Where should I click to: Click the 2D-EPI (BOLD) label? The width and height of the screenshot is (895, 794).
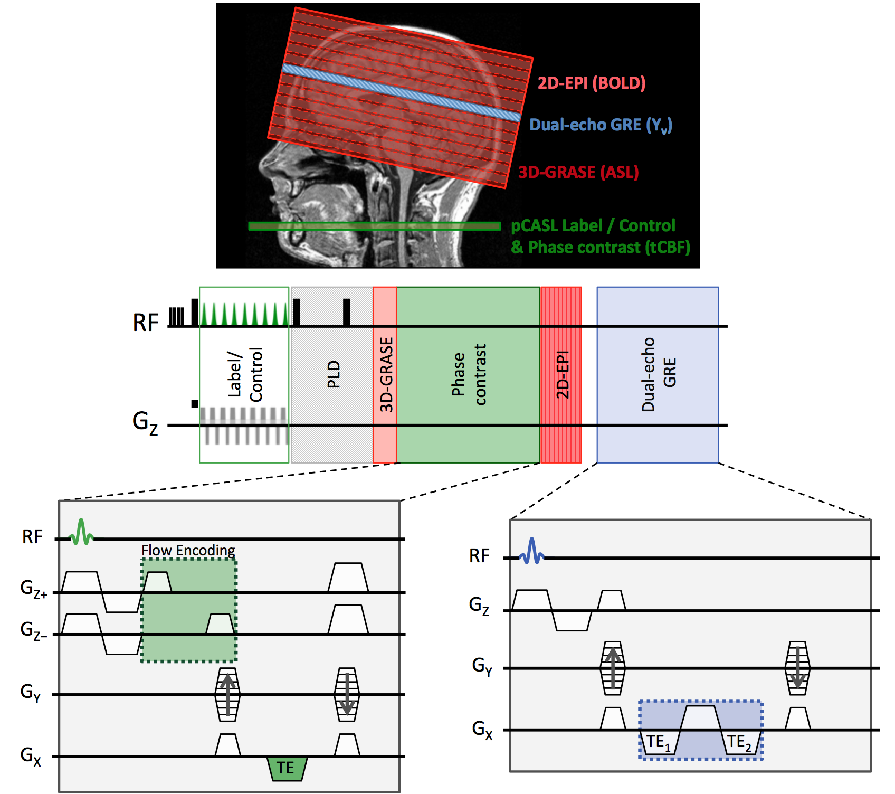click(x=592, y=83)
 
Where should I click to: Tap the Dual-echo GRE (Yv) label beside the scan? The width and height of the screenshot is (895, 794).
click(x=601, y=125)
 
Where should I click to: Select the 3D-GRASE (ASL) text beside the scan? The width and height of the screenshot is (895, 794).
click(x=578, y=172)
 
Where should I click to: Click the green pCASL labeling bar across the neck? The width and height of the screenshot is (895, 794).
click(x=375, y=226)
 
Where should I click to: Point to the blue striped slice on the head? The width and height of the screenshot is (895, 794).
click(x=401, y=93)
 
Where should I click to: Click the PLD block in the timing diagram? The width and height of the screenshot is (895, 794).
click(x=332, y=375)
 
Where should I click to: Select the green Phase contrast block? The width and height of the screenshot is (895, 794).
click(x=468, y=375)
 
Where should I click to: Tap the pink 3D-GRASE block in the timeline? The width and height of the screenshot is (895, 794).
click(x=385, y=375)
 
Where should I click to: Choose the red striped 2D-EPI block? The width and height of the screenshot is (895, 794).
click(x=561, y=375)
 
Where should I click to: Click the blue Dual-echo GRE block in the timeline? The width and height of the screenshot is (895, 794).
click(x=658, y=375)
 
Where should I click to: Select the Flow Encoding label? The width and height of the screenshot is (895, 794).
click(x=188, y=550)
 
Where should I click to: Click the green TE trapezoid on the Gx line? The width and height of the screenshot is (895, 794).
click(x=287, y=768)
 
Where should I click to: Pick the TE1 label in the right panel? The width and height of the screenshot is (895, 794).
click(x=659, y=742)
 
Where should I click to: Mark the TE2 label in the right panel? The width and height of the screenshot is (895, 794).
click(x=739, y=742)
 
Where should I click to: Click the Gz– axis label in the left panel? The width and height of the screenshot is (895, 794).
click(x=33, y=630)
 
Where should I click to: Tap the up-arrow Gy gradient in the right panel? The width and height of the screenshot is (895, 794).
click(x=612, y=668)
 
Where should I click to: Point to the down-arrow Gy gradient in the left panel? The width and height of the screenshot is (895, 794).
click(x=347, y=695)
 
